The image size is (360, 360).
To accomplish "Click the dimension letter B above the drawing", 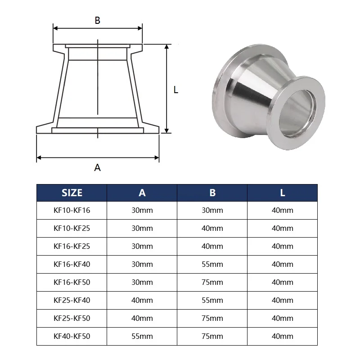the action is pyautogui.click(x=97, y=20).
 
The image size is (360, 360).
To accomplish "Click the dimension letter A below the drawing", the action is pyautogui.click(x=97, y=167).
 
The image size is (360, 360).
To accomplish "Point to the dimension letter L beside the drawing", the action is pyautogui.click(x=176, y=90).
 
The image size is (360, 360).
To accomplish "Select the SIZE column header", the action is pyautogui.click(x=72, y=193).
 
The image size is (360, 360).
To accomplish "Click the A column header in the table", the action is pyautogui.click(x=142, y=193).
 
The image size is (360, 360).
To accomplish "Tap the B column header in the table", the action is pyautogui.click(x=212, y=193).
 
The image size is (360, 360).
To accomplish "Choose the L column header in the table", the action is pyautogui.click(x=283, y=193).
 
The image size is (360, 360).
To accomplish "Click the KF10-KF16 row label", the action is pyautogui.click(x=72, y=210).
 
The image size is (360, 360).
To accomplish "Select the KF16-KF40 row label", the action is pyautogui.click(x=72, y=264).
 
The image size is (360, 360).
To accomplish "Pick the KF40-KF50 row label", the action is pyautogui.click(x=72, y=336).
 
